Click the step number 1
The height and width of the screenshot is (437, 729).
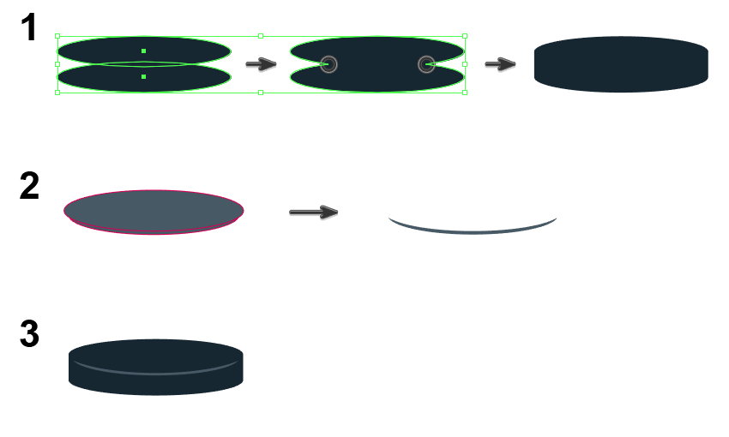coord(29,28)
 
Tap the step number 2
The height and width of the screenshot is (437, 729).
coord(29,186)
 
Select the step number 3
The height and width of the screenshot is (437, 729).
coord(29,334)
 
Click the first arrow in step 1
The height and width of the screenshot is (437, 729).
coord(261,64)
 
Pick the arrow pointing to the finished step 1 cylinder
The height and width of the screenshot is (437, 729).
coord(499,64)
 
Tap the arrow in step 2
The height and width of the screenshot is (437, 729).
coord(314,212)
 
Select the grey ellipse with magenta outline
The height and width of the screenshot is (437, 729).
coord(154,212)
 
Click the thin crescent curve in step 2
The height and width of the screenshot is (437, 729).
coord(473,228)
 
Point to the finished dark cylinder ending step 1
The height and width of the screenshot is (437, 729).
coord(621,64)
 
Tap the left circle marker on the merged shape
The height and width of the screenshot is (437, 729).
coord(328,64)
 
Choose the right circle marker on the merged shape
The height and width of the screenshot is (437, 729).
coord(426,64)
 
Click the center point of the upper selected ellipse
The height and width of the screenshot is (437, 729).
coord(143,51)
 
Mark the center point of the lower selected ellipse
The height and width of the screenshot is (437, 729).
coord(143,77)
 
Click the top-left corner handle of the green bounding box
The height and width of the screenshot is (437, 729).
coord(57,37)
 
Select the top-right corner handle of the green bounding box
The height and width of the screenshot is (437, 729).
coord(465,37)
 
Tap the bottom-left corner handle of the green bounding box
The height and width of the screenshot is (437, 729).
coord(57,92)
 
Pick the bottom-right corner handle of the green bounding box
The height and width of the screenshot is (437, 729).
coord(465,92)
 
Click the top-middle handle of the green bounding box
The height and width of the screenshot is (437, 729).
coord(261,37)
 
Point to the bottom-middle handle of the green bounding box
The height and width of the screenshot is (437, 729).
coord(261,92)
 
